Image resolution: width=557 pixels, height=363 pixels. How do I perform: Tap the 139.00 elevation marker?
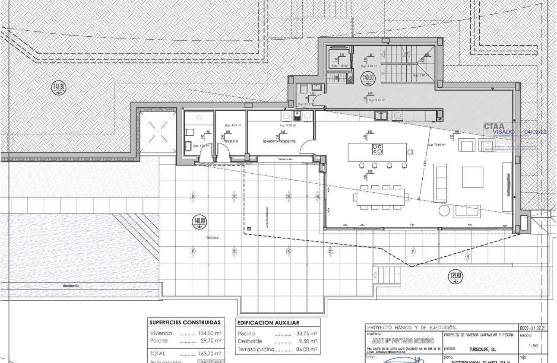click(456, 275)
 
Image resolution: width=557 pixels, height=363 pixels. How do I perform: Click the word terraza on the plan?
click(212, 238)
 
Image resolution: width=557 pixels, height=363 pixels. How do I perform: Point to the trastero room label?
click(231, 141)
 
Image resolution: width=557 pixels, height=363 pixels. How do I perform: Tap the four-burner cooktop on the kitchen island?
click(377, 150)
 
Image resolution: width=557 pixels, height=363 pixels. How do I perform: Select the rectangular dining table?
click(380, 197)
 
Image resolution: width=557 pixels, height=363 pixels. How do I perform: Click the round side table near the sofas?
click(444, 210)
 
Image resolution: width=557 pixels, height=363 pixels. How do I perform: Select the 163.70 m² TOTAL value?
click(212, 353)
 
